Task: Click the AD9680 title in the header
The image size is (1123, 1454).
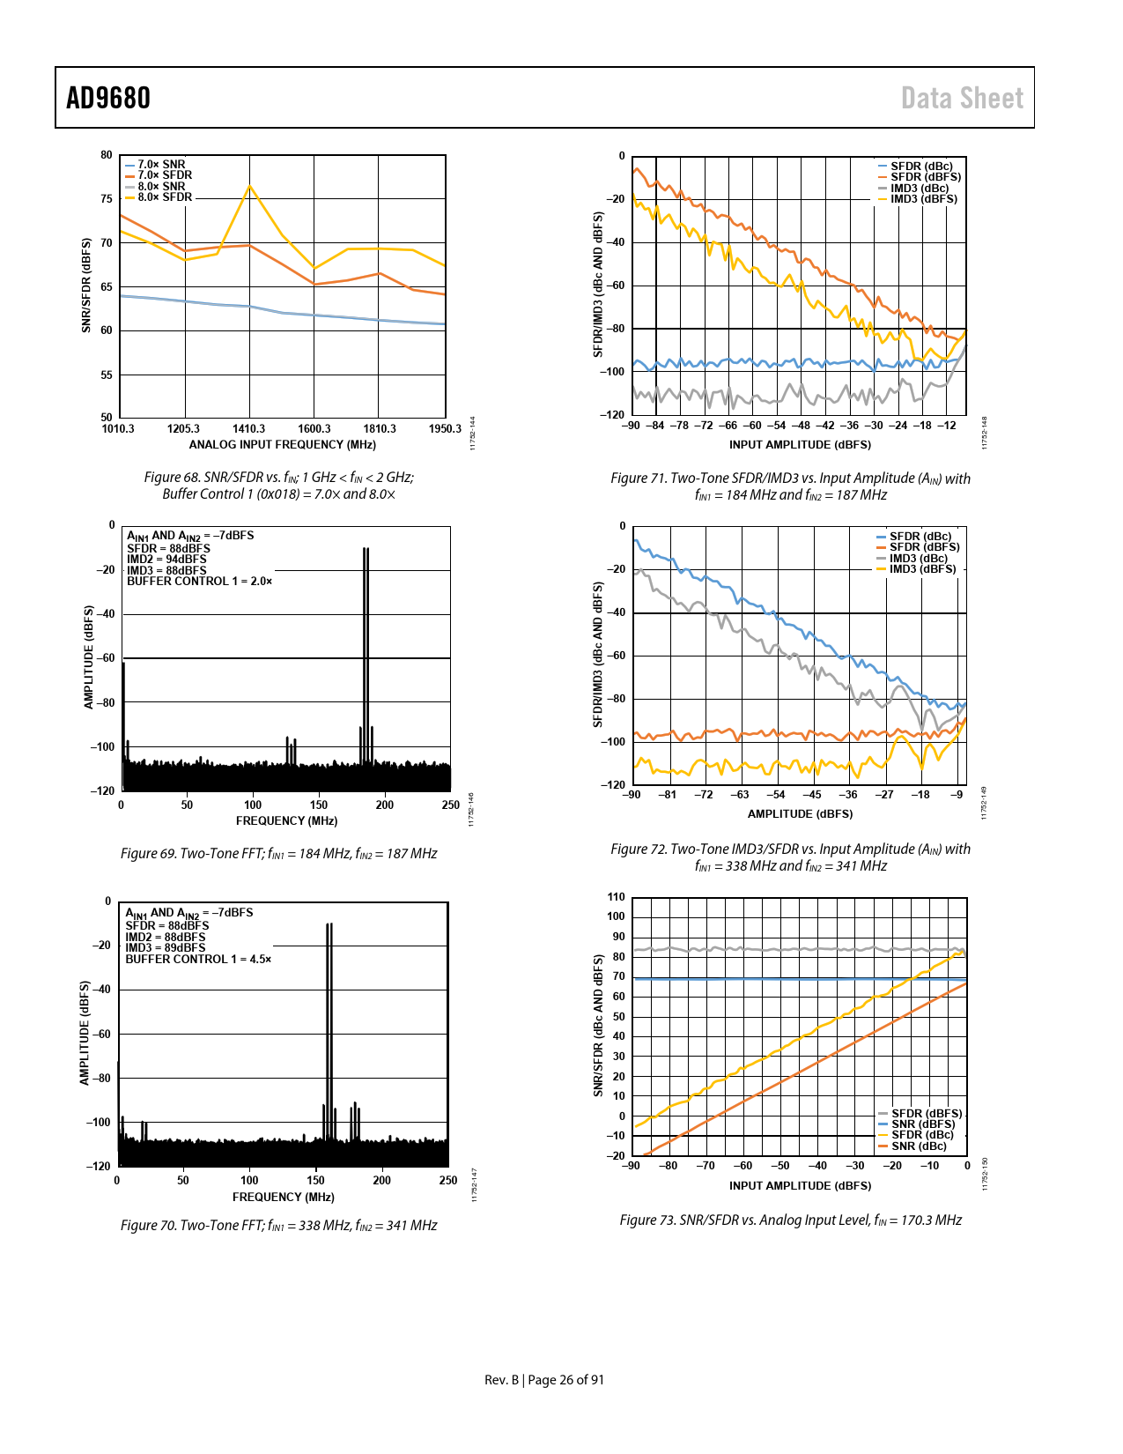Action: [x=107, y=98]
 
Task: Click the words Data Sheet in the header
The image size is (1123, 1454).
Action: [x=962, y=98]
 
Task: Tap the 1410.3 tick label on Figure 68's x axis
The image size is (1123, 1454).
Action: [x=248, y=428]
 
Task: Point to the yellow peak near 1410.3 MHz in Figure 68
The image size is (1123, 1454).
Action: [x=249, y=185]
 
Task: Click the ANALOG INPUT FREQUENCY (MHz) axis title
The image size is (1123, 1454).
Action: [x=282, y=444]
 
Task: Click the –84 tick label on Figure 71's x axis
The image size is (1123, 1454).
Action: [x=654, y=426]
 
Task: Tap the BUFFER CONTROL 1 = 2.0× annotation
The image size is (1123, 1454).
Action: [x=199, y=581]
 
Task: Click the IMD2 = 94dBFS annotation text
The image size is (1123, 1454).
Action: [x=166, y=559]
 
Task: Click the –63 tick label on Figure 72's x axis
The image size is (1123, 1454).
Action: [x=740, y=795]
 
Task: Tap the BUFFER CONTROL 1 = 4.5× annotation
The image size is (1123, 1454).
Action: [x=198, y=959]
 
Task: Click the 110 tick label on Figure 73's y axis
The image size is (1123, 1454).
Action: [x=616, y=897]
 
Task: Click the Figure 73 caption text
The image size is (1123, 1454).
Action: [x=791, y=1220]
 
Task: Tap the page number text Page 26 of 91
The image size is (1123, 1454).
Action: [x=565, y=1380]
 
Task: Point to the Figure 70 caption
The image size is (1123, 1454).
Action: [x=279, y=1225]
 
